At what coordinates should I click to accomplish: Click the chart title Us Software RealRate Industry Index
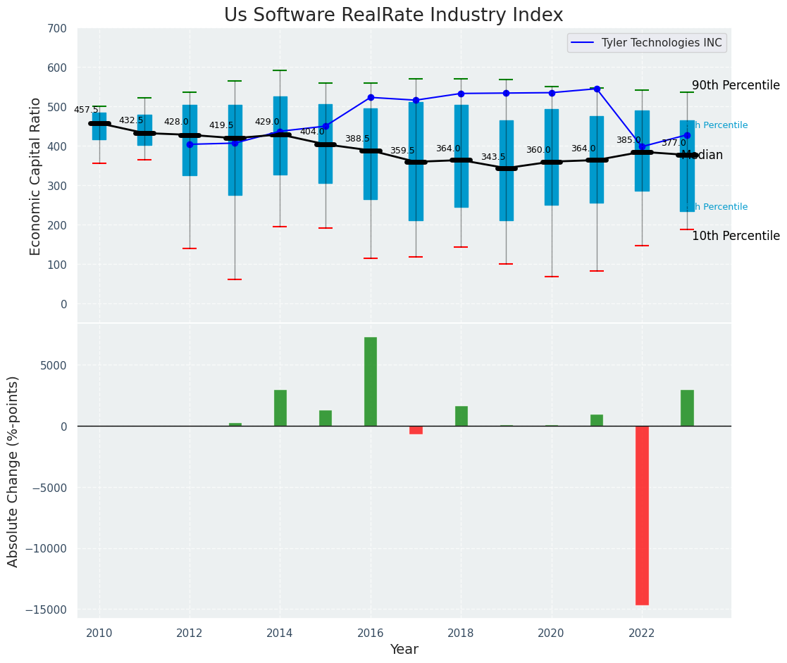pyautogui.click(x=393, y=15)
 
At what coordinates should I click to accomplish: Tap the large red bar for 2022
pyautogui.click(x=642, y=515)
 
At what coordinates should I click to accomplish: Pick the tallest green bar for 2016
pyautogui.click(x=371, y=381)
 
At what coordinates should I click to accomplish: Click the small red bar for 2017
pyautogui.click(x=416, y=430)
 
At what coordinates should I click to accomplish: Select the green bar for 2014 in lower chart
pyautogui.click(x=280, y=408)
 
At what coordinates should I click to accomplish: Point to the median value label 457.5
pyautogui.click(x=86, y=110)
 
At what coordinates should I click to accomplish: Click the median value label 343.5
pyautogui.click(x=493, y=157)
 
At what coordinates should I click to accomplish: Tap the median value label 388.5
pyautogui.click(x=357, y=139)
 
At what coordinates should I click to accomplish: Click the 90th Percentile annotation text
pyautogui.click(x=736, y=86)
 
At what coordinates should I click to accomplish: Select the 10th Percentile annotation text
pyautogui.click(x=736, y=236)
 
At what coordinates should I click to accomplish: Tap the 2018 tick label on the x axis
pyautogui.click(x=461, y=633)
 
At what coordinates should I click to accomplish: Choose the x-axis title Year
pyautogui.click(x=404, y=650)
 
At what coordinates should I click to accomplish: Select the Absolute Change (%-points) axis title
pyautogui.click(x=13, y=471)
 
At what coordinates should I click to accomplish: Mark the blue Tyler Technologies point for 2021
pyautogui.click(x=597, y=89)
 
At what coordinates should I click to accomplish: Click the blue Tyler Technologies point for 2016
pyautogui.click(x=371, y=97)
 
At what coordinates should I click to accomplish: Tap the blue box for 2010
pyautogui.click(x=99, y=127)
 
